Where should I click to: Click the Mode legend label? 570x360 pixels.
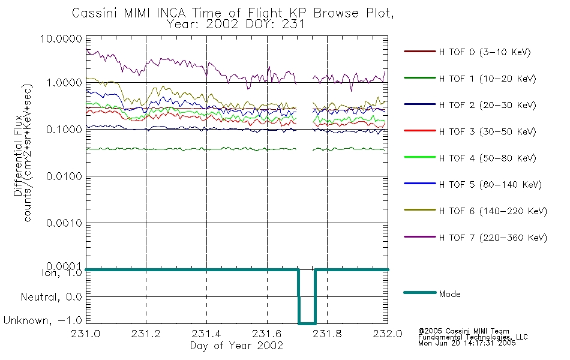click(x=449, y=294)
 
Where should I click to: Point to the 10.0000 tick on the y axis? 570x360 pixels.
click(x=61, y=38)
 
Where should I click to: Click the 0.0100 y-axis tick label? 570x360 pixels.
click(x=64, y=176)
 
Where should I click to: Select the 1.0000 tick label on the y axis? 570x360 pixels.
click(x=64, y=83)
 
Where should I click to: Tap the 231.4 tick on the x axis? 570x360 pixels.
click(x=206, y=334)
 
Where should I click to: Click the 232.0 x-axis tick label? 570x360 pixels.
click(x=388, y=334)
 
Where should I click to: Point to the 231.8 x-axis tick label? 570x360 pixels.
click(x=327, y=334)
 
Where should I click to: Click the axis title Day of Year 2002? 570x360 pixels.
click(x=236, y=346)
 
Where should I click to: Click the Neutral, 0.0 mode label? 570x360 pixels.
click(x=51, y=298)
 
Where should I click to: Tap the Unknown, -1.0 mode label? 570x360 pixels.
click(x=43, y=321)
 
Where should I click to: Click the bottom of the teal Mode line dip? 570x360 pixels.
click(x=307, y=323)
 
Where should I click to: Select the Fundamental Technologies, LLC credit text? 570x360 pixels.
click(x=473, y=337)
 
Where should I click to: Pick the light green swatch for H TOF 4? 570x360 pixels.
click(x=420, y=157)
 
